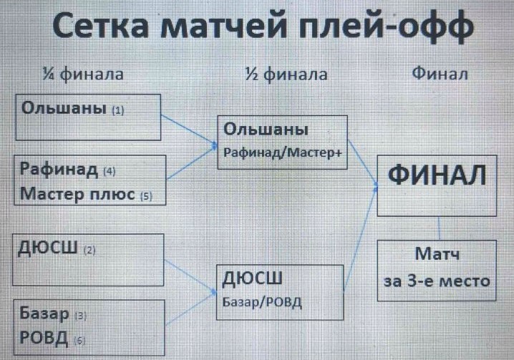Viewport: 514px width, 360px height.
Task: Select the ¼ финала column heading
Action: coord(82,74)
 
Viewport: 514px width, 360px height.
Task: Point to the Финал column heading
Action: coord(440,74)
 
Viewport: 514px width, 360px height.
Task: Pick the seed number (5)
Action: coord(146,195)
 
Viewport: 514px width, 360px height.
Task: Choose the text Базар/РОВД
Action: coord(263,301)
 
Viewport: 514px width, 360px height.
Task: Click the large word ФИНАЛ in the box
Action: coord(437,175)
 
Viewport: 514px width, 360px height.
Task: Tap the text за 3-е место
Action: coord(437,280)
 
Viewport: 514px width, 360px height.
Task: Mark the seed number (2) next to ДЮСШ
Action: coord(89,251)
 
